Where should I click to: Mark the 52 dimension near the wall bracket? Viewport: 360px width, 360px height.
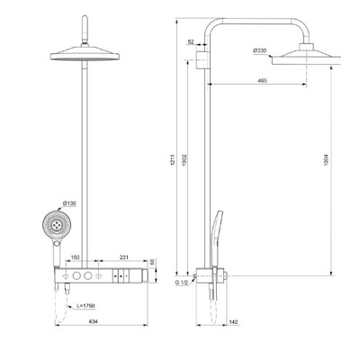[x=192, y=41]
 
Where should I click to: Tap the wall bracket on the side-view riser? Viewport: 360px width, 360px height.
[x=201, y=61]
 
